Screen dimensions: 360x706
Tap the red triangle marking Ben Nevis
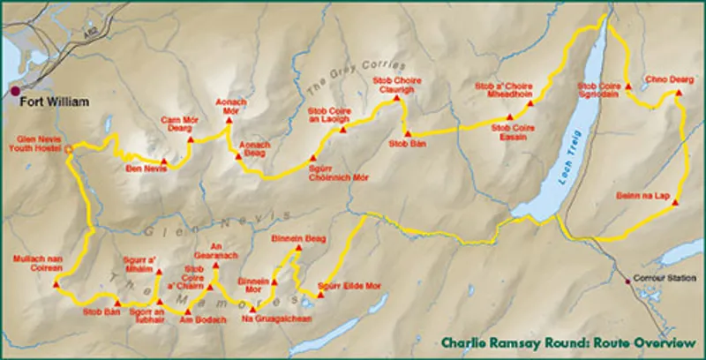(x=164, y=160)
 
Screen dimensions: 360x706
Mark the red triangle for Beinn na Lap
(x=675, y=203)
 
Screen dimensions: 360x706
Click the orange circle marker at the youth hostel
(x=69, y=149)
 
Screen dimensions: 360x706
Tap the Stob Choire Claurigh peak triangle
(x=397, y=99)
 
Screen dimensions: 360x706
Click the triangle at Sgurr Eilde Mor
(x=319, y=295)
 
